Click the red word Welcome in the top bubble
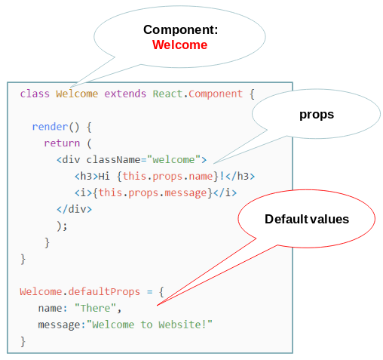pyautogui.click(x=180, y=45)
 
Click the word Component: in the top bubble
pyautogui.click(x=181, y=30)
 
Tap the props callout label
pyautogui.click(x=317, y=115)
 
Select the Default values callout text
pyautogui.click(x=307, y=219)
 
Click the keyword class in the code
pyautogui.click(x=35, y=94)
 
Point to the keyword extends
pyautogui.click(x=125, y=94)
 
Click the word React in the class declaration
pyautogui.click(x=167, y=94)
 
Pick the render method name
pyautogui.click(x=50, y=127)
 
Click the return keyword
pyautogui.click(x=62, y=143)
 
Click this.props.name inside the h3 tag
pyautogui.click(x=168, y=176)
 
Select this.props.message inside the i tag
pyautogui.click(x=153, y=192)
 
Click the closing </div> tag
pyautogui.click(x=75, y=209)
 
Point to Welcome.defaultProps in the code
pyautogui.click(x=80, y=291)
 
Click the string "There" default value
pyautogui.click(x=95, y=308)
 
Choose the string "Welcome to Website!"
pyautogui.click(x=149, y=325)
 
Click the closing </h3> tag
pyautogui.click(x=241, y=176)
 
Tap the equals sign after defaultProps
pyautogui.click(x=150, y=292)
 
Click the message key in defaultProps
pyautogui.click(x=60, y=325)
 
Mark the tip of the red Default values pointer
pyautogui.click(x=157, y=306)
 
